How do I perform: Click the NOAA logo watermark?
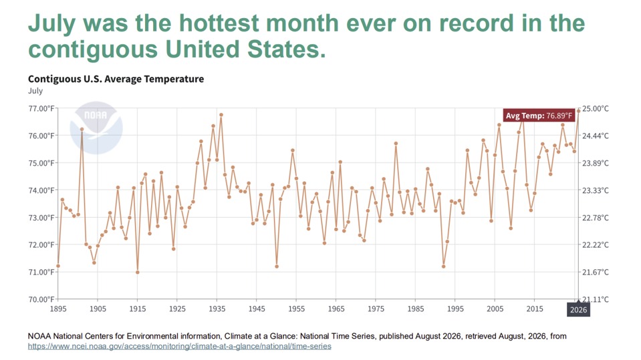(96, 128)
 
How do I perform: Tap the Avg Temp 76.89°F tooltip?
(539, 116)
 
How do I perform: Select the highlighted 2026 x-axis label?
(578, 309)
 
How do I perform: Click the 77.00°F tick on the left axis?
(41, 108)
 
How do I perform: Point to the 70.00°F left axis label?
(41, 299)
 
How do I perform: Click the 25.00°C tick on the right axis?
(595, 108)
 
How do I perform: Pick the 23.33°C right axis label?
(595, 190)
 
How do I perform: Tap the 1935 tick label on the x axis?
(217, 309)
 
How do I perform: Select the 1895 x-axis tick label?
(58, 309)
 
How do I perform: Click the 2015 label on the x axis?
(535, 309)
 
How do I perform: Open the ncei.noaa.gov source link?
(179, 347)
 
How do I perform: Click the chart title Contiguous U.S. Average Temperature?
(116, 79)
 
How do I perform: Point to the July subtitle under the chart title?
(35, 91)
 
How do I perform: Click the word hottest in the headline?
(219, 23)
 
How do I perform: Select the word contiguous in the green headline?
(93, 50)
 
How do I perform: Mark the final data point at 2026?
(578, 111)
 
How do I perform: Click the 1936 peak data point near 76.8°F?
(221, 115)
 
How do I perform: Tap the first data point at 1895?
(58, 266)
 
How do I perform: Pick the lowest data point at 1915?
(138, 272)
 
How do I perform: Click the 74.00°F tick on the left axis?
(41, 190)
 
